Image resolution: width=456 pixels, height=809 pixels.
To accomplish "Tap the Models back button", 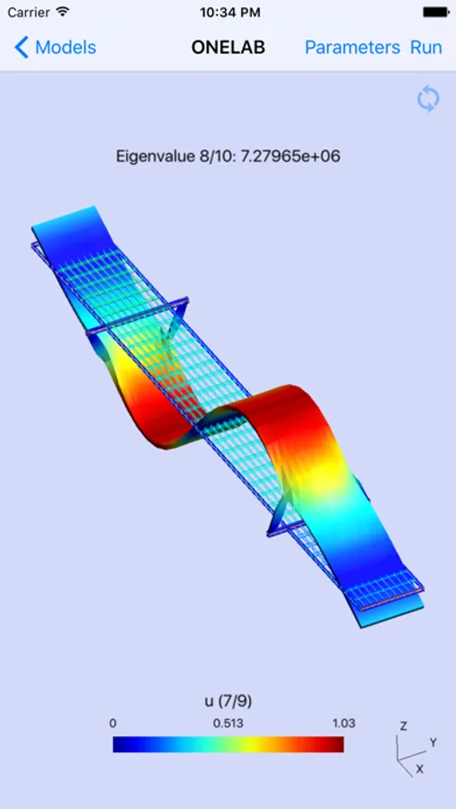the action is click(x=55, y=48).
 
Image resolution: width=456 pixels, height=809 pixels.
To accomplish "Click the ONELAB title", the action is click(x=228, y=48).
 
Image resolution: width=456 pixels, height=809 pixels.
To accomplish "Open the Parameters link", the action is click(x=353, y=48).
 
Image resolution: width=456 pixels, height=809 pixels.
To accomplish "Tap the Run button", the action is click(x=426, y=48).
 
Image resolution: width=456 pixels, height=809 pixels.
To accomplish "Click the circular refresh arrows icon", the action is click(x=428, y=99).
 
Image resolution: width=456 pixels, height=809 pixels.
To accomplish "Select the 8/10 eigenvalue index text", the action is click(x=210, y=156).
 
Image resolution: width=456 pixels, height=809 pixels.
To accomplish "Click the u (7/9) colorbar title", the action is click(x=228, y=701).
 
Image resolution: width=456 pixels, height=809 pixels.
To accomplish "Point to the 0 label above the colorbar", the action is click(x=112, y=724).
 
